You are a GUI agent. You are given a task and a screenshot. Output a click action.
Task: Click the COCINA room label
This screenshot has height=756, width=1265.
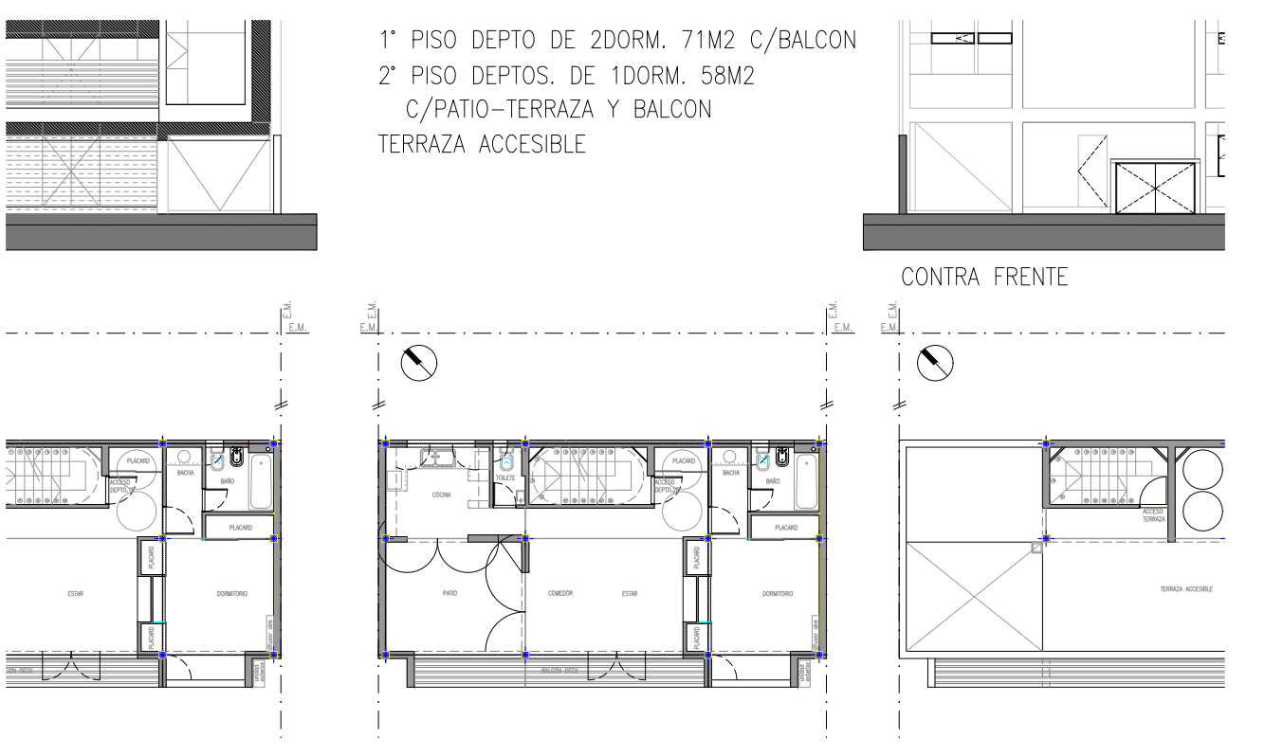442,495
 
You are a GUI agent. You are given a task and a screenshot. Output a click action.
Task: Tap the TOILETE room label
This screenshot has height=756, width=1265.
505,477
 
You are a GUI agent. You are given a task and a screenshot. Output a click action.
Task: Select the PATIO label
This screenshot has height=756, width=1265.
449,594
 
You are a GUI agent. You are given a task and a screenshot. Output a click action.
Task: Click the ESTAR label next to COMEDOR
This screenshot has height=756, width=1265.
630,594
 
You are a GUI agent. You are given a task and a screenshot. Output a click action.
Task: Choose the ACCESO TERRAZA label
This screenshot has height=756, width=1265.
1153,514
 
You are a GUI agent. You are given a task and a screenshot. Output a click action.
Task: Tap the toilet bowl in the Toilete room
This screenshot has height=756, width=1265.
507,465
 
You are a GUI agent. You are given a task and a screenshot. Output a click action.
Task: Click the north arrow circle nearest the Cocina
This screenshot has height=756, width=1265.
418,362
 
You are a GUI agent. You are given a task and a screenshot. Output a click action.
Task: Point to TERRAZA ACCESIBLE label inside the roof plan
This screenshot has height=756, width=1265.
1185,588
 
